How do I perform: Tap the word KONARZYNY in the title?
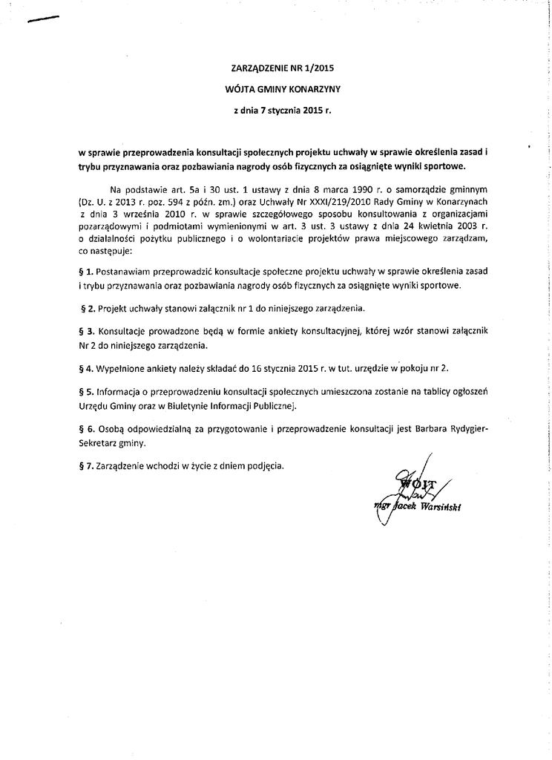313,88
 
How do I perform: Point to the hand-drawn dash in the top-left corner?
42,20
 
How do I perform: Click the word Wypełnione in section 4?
123,367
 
